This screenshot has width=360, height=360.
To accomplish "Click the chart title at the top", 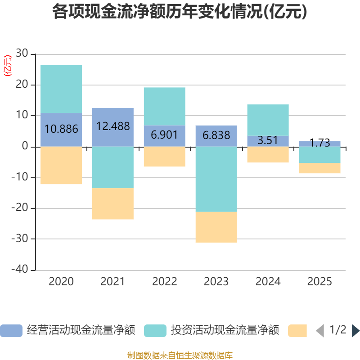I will [x=180, y=12].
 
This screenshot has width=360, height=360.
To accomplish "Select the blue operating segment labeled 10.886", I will [x=61, y=130].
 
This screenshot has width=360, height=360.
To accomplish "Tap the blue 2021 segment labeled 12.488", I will [x=113, y=127].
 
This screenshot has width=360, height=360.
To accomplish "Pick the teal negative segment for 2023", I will [x=216, y=179].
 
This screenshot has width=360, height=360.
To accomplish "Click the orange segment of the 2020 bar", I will [x=61, y=166].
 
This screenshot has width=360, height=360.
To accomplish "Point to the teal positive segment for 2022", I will [x=164, y=106].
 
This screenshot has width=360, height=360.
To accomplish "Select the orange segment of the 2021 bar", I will [x=113, y=204].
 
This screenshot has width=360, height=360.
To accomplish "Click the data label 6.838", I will [x=216, y=135].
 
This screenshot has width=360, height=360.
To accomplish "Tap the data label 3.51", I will [x=268, y=140].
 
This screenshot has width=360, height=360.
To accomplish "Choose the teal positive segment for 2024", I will [x=268, y=120].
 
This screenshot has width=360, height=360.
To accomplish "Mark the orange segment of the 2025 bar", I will [x=319, y=168].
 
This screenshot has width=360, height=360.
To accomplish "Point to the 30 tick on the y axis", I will [x=22, y=54].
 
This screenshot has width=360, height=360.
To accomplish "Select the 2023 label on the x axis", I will [x=216, y=282].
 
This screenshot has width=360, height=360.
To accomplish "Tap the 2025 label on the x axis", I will [x=319, y=282].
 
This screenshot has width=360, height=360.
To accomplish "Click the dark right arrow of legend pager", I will [x=355, y=331].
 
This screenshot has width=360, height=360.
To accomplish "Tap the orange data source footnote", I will [x=180, y=355].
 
